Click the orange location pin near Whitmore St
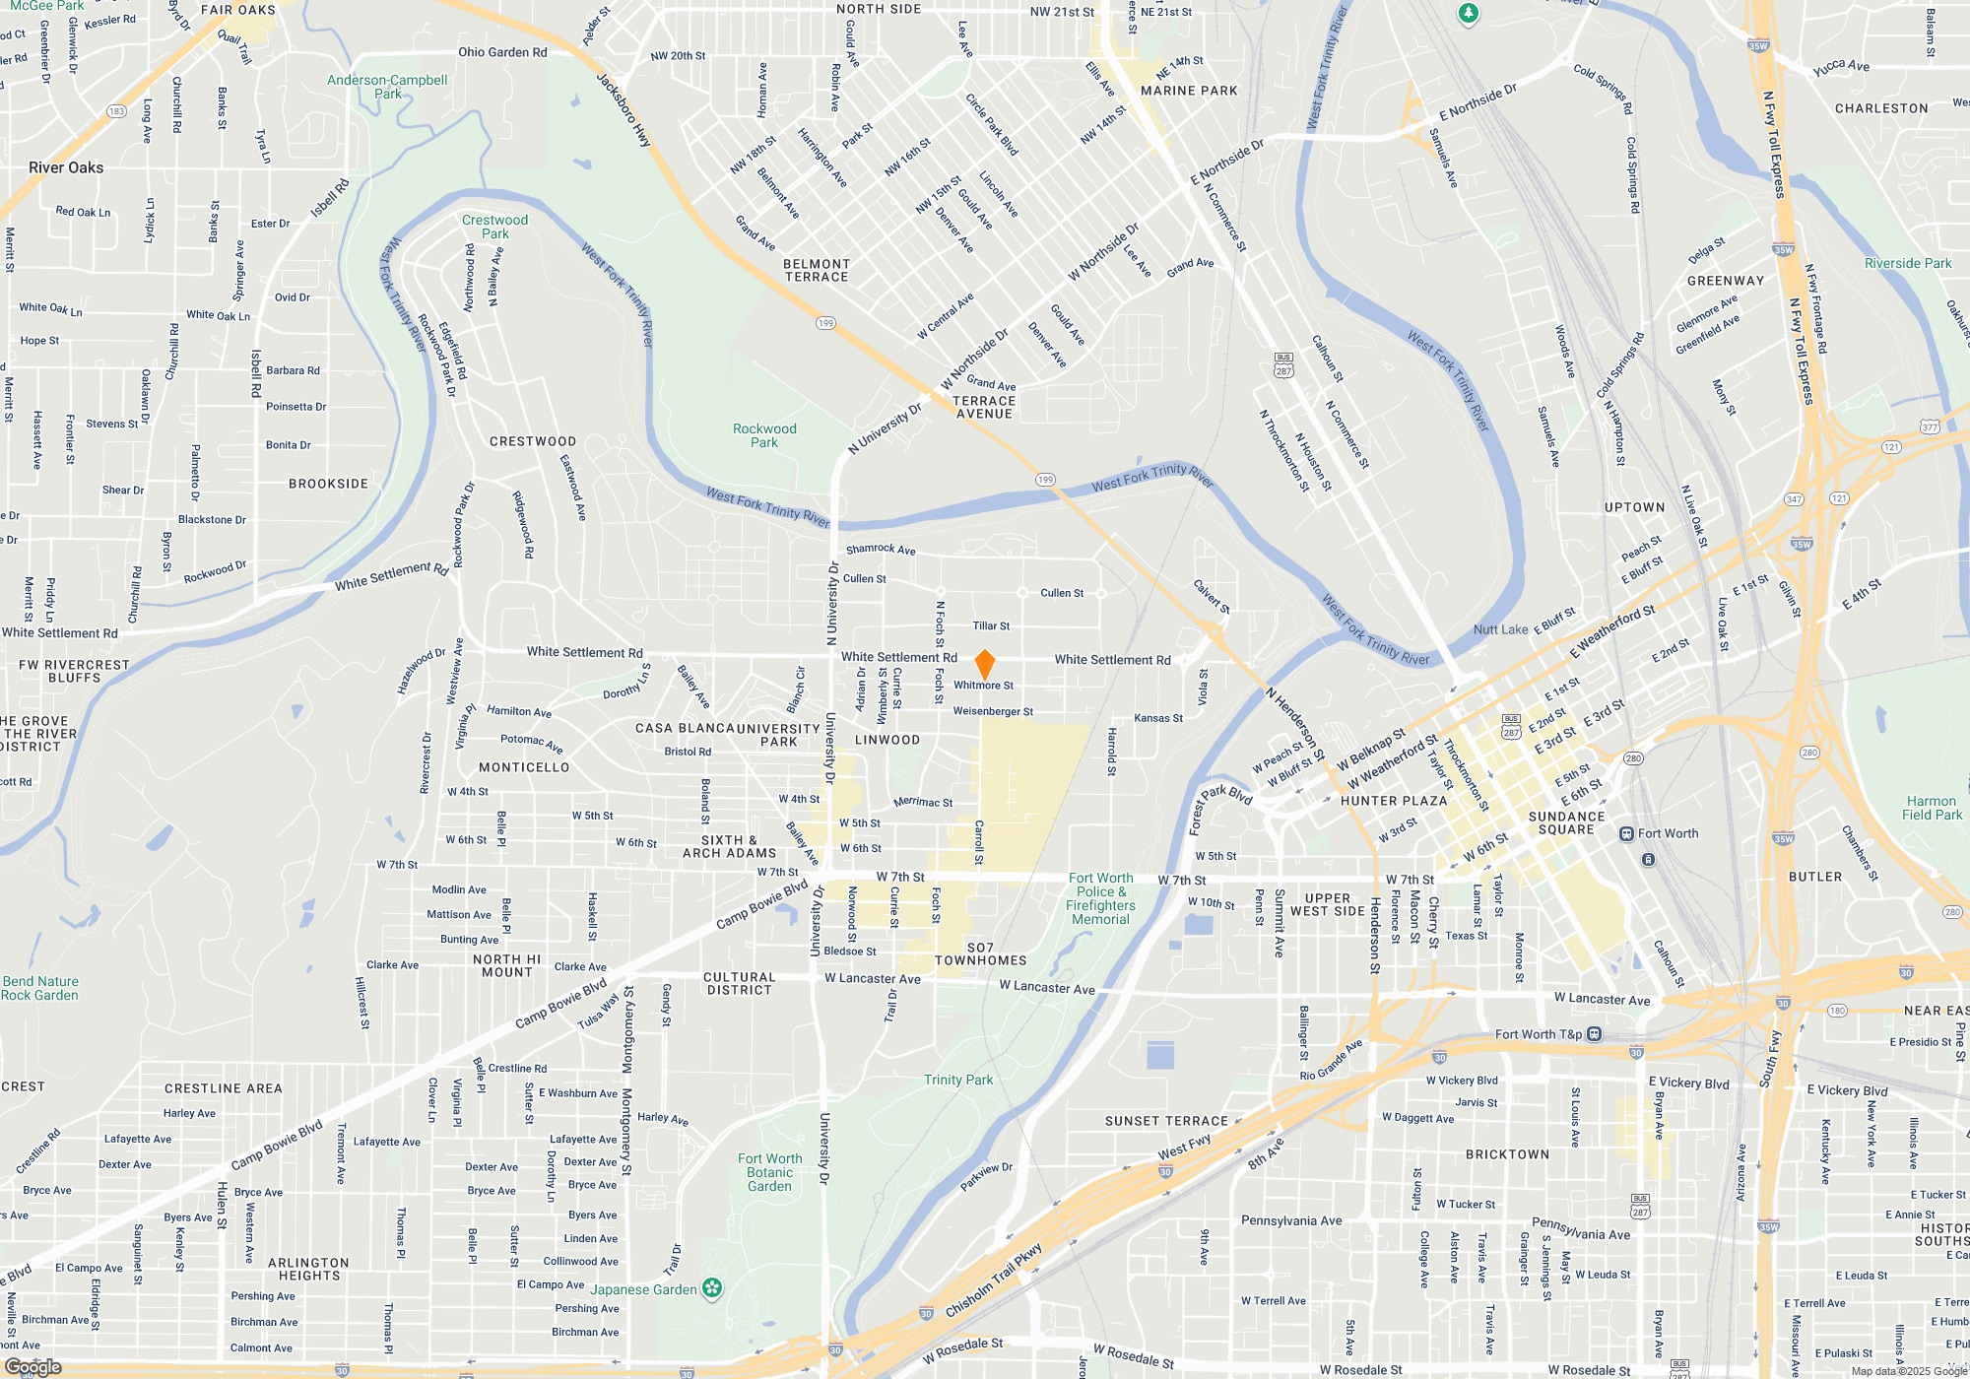(x=984, y=663)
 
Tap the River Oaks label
(x=66, y=167)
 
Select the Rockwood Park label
(x=764, y=435)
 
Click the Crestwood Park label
(x=494, y=227)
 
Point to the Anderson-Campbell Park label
(x=387, y=87)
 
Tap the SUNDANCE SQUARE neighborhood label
(x=1566, y=822)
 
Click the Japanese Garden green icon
(x=712, y=1288)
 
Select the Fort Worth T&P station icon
(x=1595, y=1034)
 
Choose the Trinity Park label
(x=958, y=1080)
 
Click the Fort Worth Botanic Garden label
(x=769, y=1172)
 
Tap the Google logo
(x=33, y=1366)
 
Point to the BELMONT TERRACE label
(x=817, y=271)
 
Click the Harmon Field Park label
(x=1932, y=808)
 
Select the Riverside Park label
(x=1908, y=263)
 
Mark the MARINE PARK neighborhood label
(x=1189, y=91)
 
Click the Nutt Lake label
(x=1500, y=629)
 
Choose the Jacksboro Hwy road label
(x=624, y=110)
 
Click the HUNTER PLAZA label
(x=1394, y=801)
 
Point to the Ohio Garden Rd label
(x=502, y=52)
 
